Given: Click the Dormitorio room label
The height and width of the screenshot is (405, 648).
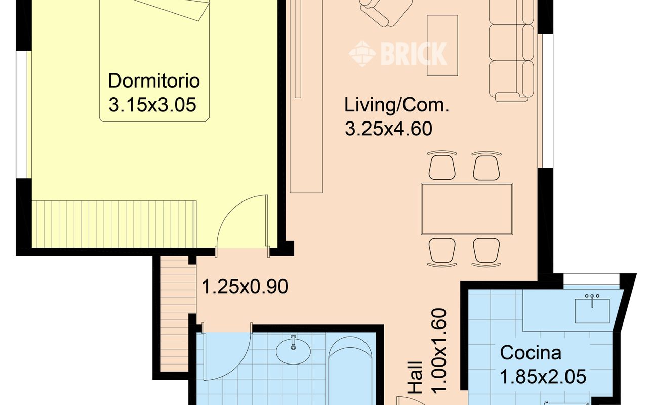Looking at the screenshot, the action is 154,80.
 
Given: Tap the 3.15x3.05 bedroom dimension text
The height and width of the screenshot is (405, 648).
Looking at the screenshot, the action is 152,104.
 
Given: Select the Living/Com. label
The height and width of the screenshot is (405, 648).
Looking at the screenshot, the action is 396,105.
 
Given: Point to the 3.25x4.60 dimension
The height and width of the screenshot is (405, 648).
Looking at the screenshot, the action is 388,129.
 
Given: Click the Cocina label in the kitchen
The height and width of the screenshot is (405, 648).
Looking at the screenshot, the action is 531,353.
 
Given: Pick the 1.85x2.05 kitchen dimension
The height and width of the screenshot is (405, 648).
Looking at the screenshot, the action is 543,377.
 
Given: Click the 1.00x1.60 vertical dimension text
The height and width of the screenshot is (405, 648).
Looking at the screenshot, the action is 439,351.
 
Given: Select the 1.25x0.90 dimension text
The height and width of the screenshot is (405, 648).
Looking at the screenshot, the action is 245,287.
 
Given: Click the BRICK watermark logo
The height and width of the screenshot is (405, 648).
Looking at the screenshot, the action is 398,54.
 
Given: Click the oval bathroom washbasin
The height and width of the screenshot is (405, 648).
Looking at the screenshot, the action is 293,351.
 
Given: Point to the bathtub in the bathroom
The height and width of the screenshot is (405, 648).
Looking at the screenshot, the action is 350,370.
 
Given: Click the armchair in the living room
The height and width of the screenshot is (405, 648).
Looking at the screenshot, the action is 386,12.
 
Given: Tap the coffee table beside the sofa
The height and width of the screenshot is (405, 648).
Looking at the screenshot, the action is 442,46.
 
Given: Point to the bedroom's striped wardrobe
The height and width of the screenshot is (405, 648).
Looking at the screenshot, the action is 114,224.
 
